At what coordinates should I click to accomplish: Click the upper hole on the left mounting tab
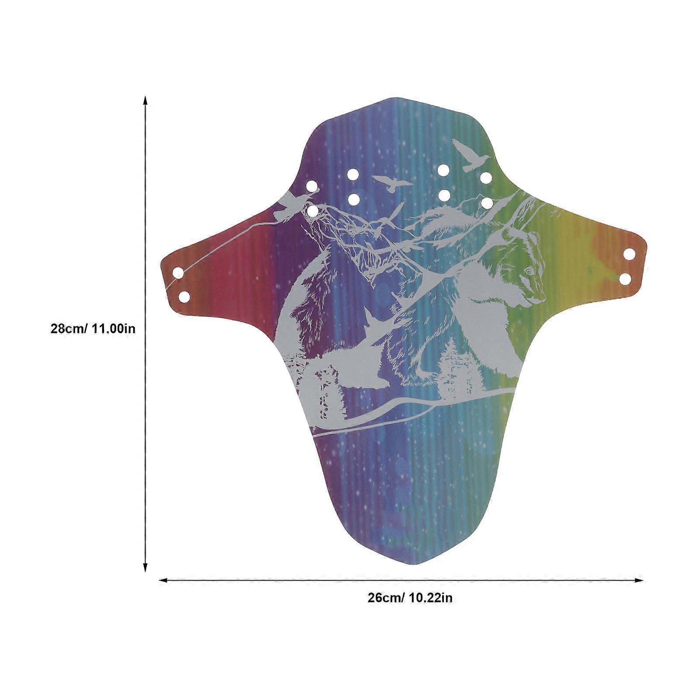[x=178, y=273]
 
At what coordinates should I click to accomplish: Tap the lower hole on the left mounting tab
[x=184, y=297]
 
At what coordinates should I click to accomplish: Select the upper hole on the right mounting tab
[x=630, y=254]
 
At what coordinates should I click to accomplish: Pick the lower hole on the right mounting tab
[x=625, y=278]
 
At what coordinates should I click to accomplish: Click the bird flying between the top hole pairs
[x=392, y=183]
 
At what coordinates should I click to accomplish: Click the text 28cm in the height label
[x=69, y=328]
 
